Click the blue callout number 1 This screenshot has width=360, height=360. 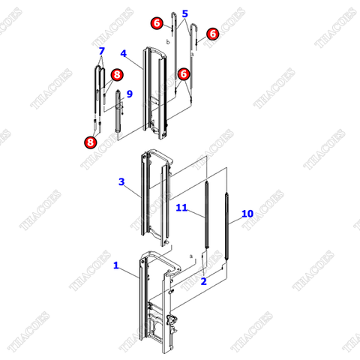tap(116, 265)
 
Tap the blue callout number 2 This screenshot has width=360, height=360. tap(203, 280)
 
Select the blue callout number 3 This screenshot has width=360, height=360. tap(121, 182)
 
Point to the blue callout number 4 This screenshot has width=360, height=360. tap(124, 54)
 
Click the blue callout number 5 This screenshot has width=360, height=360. tap(185, 13)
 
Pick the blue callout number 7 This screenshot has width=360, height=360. tap(101, 51)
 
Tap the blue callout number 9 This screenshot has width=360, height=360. tap(129, 94)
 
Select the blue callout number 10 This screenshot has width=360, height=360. tap(247, 214)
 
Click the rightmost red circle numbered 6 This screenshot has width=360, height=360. tap(212, 34)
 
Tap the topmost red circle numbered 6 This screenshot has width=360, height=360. tap(156, 23)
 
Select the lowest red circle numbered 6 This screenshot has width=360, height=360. tap(184, 73)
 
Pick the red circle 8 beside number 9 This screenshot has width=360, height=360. tap(116, 75)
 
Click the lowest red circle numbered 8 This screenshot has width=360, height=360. tap(91, 140)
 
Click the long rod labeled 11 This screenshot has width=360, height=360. tap(205, 217)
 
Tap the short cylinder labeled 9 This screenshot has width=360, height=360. tap(118, 120)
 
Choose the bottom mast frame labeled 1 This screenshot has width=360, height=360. tap(154, 300)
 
